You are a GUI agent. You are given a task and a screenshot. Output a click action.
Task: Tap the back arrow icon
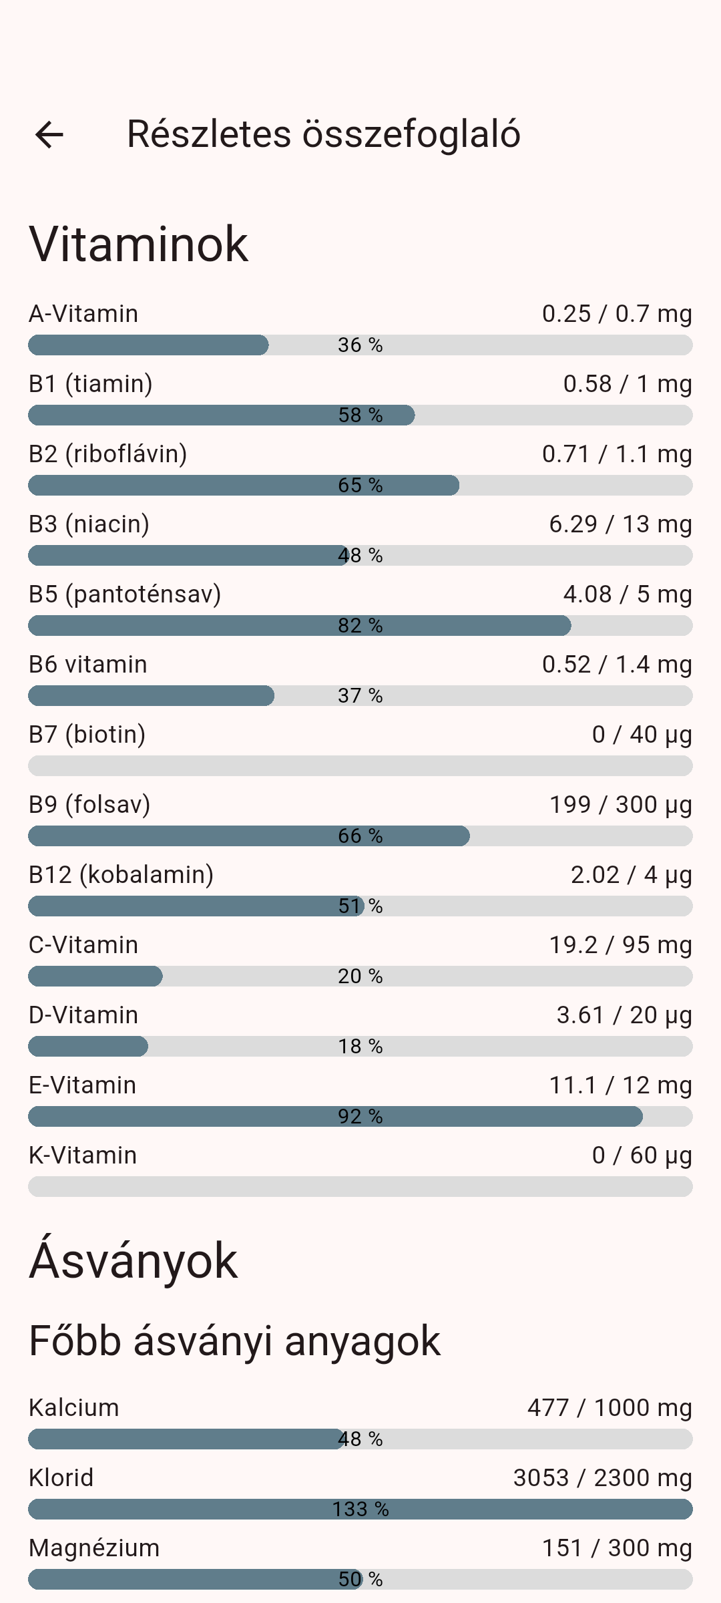(49, 134)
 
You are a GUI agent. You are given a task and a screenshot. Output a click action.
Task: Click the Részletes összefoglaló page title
(323, 134)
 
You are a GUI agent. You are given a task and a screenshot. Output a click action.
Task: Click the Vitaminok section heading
(139, 244)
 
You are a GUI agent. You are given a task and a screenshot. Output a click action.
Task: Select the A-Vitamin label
(83, 314)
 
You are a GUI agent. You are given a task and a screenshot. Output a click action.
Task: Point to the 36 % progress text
(360, 345)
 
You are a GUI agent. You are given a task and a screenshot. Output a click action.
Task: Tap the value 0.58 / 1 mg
(627, 384)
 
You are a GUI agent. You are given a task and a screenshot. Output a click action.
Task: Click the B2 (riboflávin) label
(107, 454)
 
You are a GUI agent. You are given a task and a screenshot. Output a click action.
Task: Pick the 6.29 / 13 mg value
(620, 524)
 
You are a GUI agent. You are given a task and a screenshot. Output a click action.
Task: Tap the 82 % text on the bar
(360, 626)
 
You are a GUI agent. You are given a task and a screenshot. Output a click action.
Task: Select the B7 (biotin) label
(87, 735)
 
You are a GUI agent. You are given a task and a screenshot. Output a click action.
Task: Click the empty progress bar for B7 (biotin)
(360, 766)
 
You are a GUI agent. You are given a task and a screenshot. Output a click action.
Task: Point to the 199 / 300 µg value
(620, 805)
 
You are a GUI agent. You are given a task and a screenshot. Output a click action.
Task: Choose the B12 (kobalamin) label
(121, 875)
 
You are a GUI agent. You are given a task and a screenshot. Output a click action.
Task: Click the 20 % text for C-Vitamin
(360, 976)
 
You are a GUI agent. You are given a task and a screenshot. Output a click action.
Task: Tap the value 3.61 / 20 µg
(624, 1015)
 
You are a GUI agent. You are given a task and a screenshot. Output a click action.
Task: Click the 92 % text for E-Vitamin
(360, 1117)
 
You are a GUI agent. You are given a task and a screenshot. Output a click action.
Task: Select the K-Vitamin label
(83, 1155)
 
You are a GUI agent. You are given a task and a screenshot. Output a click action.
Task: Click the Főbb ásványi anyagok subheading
(234, 1341)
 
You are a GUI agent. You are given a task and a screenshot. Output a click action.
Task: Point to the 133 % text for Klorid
(360, 1509)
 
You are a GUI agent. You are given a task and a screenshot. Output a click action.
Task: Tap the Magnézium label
(94, 1548)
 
